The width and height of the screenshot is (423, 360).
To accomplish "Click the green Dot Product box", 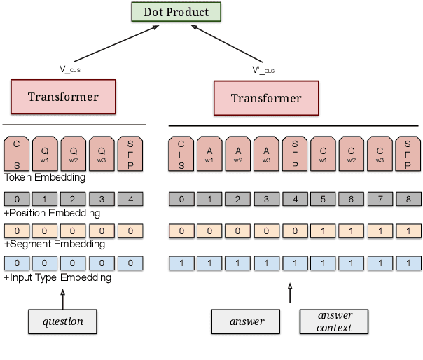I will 176,12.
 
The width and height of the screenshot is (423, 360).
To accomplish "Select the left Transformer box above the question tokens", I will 63,97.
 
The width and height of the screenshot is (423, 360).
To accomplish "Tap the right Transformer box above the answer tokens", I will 266,98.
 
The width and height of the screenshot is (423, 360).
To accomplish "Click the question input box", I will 63,321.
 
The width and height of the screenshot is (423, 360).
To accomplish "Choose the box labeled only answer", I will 247,321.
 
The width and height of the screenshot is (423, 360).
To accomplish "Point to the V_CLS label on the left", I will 71,69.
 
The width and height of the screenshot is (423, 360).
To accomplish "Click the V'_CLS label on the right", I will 263,69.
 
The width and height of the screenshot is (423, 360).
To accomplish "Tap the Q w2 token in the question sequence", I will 73,153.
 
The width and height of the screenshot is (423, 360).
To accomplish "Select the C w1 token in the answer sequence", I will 323,153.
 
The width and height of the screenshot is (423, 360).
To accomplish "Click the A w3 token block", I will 266,153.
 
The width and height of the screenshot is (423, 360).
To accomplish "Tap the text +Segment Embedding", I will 55,244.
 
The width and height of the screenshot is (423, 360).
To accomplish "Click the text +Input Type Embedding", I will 57,277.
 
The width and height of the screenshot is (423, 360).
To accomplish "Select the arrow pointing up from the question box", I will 63,300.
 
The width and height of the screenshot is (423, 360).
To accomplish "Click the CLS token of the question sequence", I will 17,153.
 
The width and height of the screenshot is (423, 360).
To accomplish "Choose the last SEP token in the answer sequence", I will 408,153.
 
